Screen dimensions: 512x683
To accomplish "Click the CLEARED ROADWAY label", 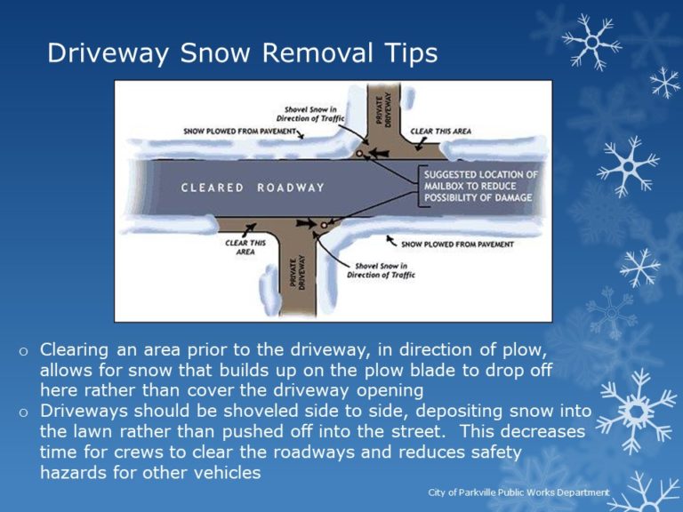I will tap(253, 188).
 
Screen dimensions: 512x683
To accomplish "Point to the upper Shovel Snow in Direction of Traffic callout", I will tap(315, 113).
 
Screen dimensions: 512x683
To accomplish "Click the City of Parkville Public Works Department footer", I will tap(518, 492).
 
